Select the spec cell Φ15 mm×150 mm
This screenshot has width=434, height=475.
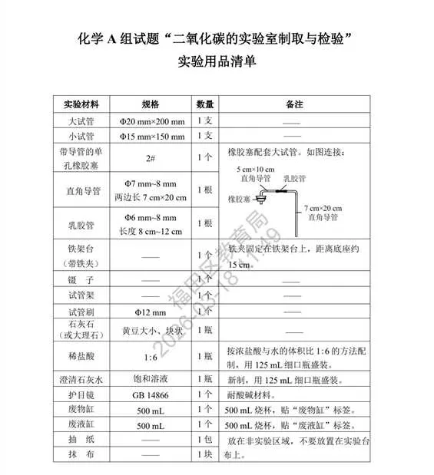[x=152, y=137]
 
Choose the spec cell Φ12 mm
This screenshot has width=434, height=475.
[x=150, y=312]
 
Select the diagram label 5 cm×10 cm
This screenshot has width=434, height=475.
[x=256, y=169]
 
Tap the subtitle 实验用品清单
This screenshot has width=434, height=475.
[x=217, y=62]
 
